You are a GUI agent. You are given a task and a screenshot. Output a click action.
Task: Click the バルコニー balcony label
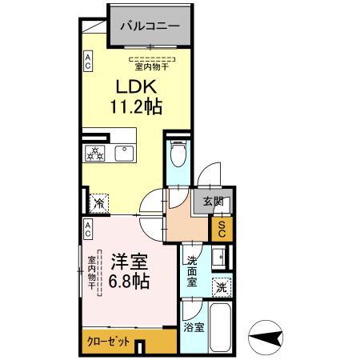pyautogui.click(x=150, y=26)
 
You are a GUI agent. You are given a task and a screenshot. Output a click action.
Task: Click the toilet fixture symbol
pyautogui.click(x=177, y=154)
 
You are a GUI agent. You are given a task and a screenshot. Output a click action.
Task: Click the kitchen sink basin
pyautogui.click(x=126, y=153)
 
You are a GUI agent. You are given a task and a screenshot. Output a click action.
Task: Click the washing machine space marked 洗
pyautogui.click(x=219, y=286)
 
